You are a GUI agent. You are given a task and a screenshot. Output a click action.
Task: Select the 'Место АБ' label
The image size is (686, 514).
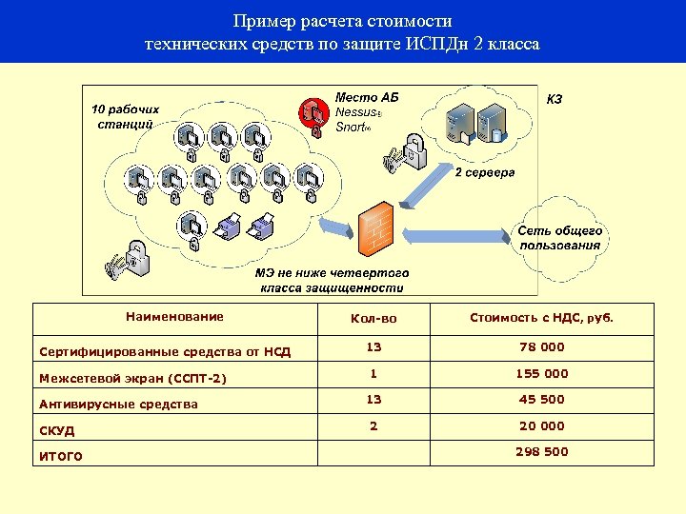(366, 97)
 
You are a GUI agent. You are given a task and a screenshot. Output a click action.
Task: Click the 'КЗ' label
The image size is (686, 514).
(555, 98)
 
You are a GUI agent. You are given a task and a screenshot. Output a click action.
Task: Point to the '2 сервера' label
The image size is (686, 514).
(484, 172)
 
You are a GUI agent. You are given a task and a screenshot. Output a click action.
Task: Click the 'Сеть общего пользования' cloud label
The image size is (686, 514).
(560, 238)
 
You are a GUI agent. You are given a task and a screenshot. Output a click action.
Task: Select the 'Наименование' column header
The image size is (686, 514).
(174, 316)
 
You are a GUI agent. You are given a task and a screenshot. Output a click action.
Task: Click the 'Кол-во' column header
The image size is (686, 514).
(373, 318)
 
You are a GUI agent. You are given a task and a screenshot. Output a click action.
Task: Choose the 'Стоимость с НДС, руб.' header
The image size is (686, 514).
(541, 318)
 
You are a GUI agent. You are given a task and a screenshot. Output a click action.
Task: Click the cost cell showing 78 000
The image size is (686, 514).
(541, 347)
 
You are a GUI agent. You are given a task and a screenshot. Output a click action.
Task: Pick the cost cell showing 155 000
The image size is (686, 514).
(541, 374)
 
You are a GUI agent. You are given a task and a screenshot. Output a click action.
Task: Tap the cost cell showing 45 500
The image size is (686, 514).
(541, 400)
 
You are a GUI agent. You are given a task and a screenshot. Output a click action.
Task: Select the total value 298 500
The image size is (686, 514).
(541, 451)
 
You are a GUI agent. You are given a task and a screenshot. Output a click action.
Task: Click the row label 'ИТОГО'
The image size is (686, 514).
(61, 456)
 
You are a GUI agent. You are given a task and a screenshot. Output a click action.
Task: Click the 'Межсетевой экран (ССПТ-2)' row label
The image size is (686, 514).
(132, 378)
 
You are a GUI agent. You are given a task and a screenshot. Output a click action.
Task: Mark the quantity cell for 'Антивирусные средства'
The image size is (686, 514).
(373, 400)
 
